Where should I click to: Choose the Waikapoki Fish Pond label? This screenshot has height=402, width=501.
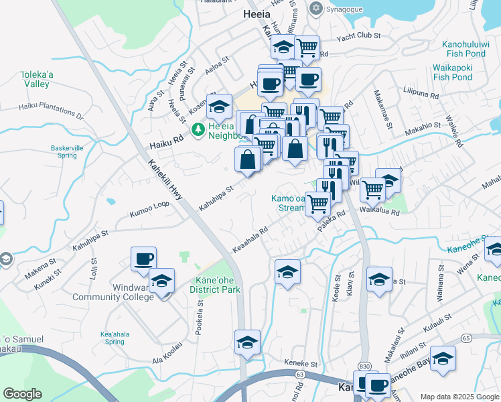point(461,72)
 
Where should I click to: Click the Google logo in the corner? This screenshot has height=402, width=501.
point(23,394)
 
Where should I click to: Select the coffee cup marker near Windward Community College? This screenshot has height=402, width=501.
point(143,259)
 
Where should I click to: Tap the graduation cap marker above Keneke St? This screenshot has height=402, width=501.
point(247,342)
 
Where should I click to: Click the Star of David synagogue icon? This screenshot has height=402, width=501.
point(316,9)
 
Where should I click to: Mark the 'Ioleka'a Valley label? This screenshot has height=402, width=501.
point(35,79)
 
